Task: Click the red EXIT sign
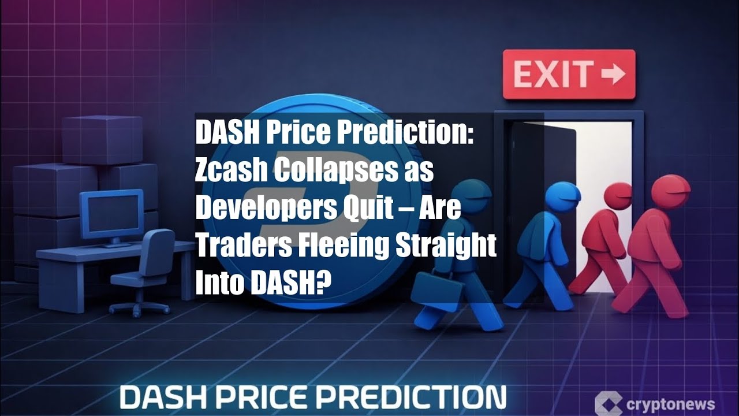click(x=569, y=74)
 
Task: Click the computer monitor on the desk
click(x=111, y=213)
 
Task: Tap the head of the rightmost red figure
click(x=671, y=191)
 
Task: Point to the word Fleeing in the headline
click(x=341, y=246)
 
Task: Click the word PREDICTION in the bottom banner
click(x=415, y=398)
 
